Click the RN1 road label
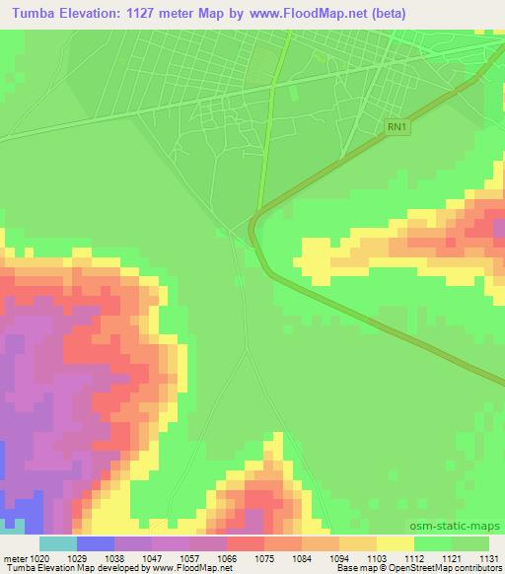click(396, 126)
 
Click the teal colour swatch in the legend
click(58, 543)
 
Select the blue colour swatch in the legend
click(96, 543)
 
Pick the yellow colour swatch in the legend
click(394, 543)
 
